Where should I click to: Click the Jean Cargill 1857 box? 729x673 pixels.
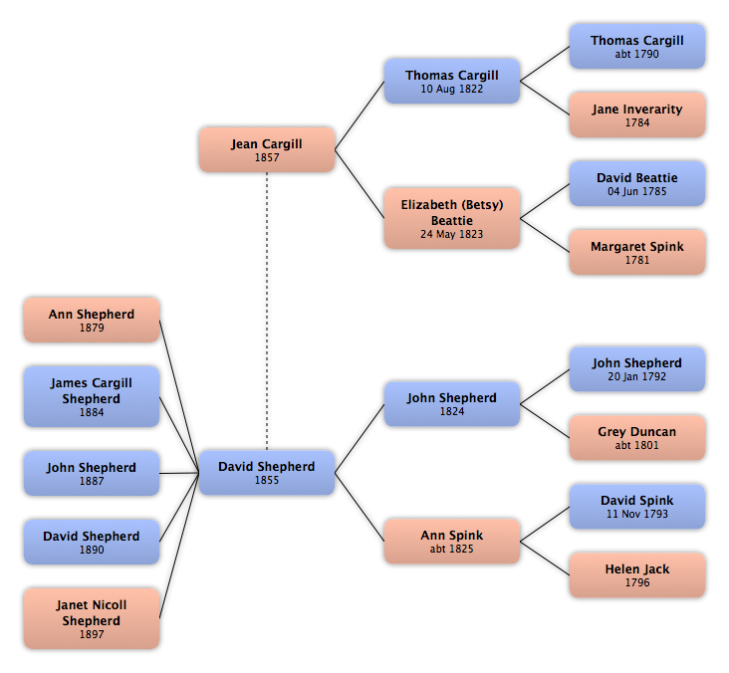pos(267,149)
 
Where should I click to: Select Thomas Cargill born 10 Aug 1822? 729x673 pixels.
pos(452,81)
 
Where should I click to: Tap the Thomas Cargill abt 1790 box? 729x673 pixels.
pos(637,47)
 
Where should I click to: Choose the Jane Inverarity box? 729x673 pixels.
pos(637,114)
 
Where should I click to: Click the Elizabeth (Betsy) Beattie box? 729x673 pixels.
pos(452,218)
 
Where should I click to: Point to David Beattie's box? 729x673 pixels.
pos(637,183)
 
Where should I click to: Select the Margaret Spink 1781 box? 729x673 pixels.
pos(637,253)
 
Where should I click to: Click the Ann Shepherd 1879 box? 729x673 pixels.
pos(92,321)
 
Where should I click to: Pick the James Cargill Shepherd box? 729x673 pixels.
pos(92,396)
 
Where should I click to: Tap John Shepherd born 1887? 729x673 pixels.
pos(92,473)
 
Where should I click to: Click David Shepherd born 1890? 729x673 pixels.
pos(92,542)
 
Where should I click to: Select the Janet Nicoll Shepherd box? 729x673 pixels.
pos(92,618)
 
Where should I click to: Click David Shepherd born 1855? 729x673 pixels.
pos(267,473)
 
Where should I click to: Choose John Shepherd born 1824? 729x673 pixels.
pos(452,404)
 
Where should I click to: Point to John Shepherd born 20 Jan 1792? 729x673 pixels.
pos(637,369)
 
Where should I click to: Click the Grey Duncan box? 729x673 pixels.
pos(637,438)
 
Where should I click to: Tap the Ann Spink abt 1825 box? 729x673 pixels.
pos(452,542)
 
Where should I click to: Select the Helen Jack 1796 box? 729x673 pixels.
pos(637,574)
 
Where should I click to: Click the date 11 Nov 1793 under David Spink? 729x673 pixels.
pos(637,514)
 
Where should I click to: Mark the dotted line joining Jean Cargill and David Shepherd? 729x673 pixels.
pos(267,312)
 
